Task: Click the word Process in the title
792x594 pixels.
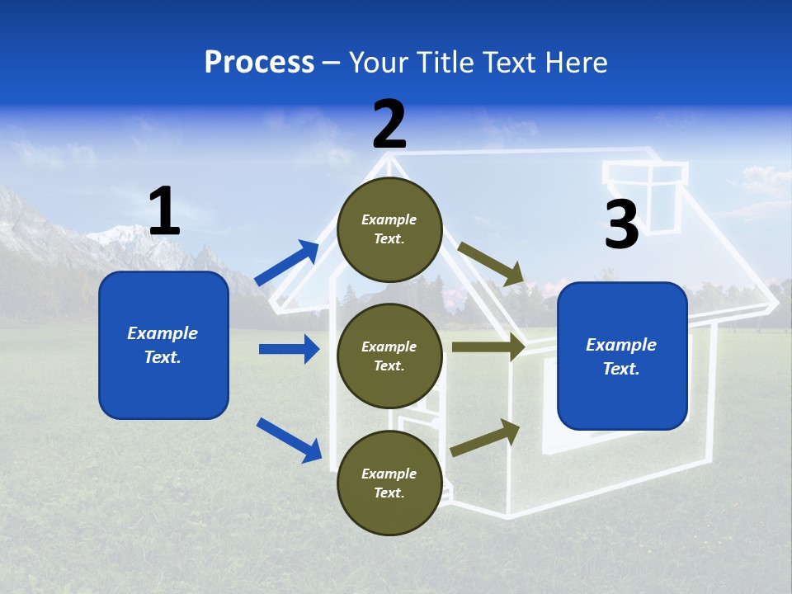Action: point(259,63)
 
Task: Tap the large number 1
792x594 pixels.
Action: point(164,211)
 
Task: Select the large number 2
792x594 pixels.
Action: point(389,125)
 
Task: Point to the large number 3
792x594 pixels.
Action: point(622,224)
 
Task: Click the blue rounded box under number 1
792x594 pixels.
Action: point(163,345)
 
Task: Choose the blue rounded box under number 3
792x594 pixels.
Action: point(622,356)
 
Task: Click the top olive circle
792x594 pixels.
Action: point(389,229)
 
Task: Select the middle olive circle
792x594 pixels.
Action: point(389,356)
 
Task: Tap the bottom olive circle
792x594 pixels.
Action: point(389,483)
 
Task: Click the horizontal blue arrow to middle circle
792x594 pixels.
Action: point(289,349)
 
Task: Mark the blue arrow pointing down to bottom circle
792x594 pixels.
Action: point(289,439)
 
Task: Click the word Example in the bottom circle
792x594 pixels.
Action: point(389,474)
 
